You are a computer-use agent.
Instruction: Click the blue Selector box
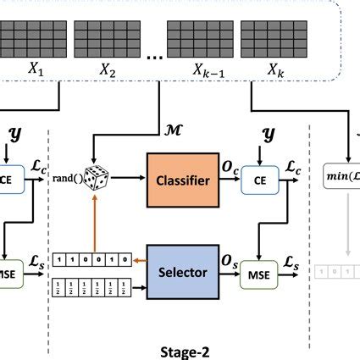click(x=183, y=271)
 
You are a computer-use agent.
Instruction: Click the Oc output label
click(x=230, y=169)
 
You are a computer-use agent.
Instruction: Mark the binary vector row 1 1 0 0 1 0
click(x=91, y=259)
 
